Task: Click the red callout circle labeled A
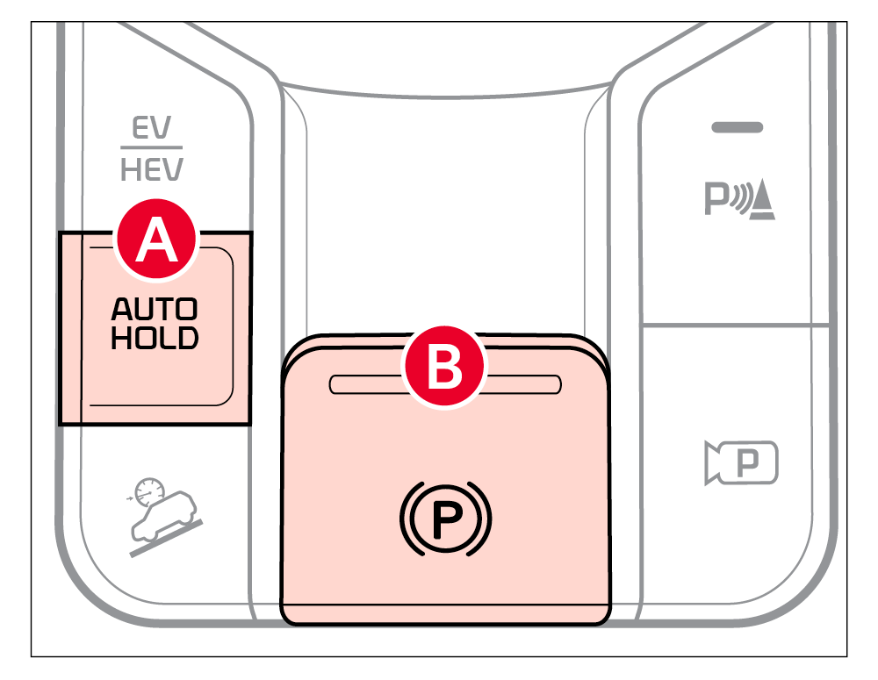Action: [x=158, y=239]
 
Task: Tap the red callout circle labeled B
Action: [x=444, y=368]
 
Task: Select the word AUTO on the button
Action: [x=155, y=310]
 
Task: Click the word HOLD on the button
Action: [x=155, y=338]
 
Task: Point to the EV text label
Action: [x=151, y=130]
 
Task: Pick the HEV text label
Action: [x=151, y=168]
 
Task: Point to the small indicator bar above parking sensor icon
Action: [x=738, y=128]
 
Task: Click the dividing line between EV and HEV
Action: [x=151, y=148]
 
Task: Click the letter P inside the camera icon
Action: [x=749, y=462]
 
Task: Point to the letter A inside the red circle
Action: [x=158, y=240]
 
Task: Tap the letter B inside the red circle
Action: [x=444, y=369]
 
